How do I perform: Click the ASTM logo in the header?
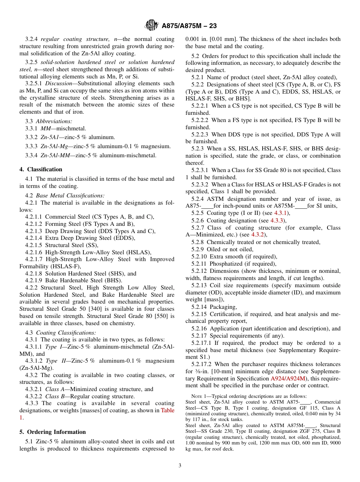pyautogui.click(x=152, y=25)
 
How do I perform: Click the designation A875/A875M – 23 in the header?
pyautogui.click(x=189, y=26)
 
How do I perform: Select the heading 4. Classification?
pyautogui.click(x=41, y=169)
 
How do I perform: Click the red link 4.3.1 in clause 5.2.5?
pyautogui.click(x=281, y=213)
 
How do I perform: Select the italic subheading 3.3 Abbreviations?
pyautogui.click(x=49, y=121)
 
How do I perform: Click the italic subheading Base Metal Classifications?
pyautogui.click(x=70, y=196)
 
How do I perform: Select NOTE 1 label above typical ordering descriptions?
pyautogui.click(x=198, y=397)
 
